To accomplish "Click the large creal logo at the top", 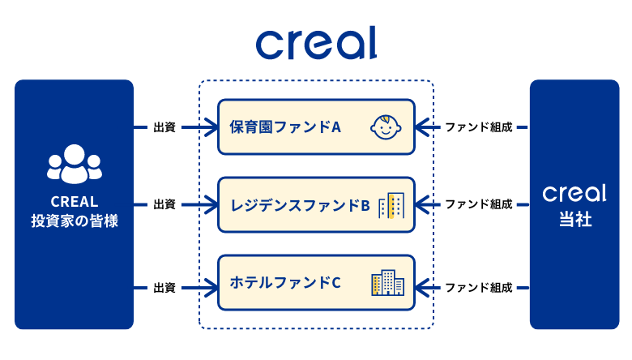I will click(x=316, y=42).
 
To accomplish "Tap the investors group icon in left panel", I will click(x=74, y=163).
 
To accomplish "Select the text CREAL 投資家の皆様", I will click(x=74, y=211).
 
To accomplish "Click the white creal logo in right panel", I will click(x=574, y=194).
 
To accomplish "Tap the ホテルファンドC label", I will click(x=285, y=283).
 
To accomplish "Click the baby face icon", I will click(x=386, y=128).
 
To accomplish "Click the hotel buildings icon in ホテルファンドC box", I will click(x=387, y=283).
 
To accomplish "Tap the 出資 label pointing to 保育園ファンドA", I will click(x=164, y=127).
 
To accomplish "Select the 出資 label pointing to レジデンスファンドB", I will click(x=164, y=205).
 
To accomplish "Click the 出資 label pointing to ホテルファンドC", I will click(x=164, y=287).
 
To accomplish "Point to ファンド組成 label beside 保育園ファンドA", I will click(x=479, y=127).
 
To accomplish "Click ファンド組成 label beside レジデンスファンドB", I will click(x=479, y=205).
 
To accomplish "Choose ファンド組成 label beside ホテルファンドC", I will click(x=479, y=287).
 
